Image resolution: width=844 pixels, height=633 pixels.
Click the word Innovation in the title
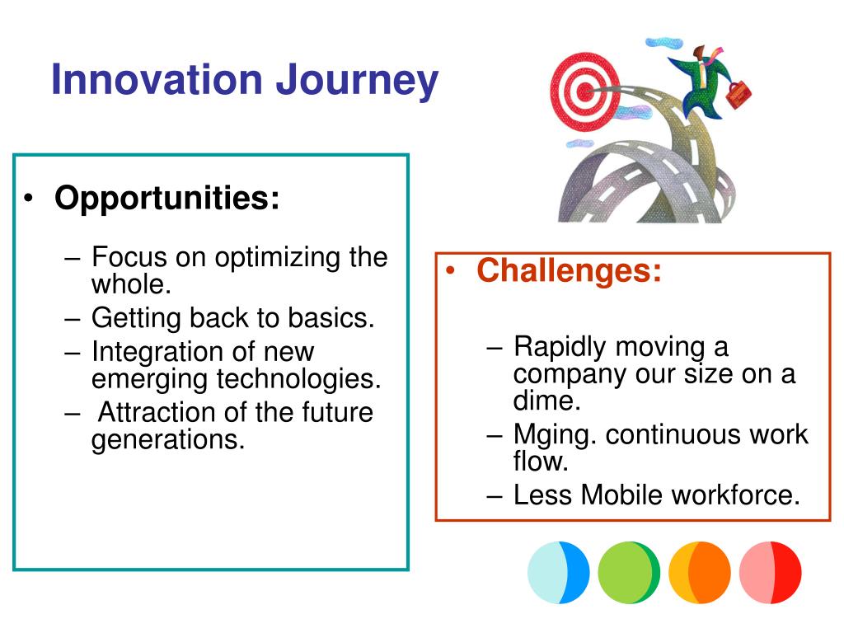click(x=157, y=79)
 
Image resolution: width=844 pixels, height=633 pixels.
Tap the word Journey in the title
click(x=357, y=82)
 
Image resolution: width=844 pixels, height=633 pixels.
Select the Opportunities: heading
click(x=167, y=199)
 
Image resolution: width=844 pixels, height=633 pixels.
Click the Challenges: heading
click(x=569, y=270)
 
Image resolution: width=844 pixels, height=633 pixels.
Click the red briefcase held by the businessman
click(x=738, y=94)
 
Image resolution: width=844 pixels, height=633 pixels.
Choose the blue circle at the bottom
click(x=559, y=572)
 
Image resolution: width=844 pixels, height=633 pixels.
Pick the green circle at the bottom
click(x=629, y=572)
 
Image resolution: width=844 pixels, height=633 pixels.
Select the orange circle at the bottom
click(x=700, y=572)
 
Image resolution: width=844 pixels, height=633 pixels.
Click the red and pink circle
click(x=771, y=572)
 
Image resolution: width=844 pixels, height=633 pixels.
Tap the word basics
click(x=331, y=317)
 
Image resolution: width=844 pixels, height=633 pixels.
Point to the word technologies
click(x=298, y=379)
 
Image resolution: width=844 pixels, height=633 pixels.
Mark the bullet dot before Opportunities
click(x=28, y=199)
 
